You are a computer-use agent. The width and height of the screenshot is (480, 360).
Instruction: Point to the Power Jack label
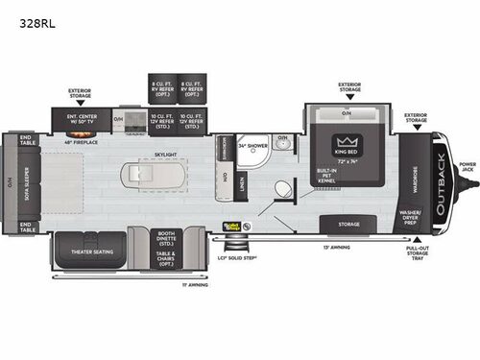pos(467,170)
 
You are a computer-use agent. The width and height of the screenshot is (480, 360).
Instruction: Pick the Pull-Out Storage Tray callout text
pos(416,253)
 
